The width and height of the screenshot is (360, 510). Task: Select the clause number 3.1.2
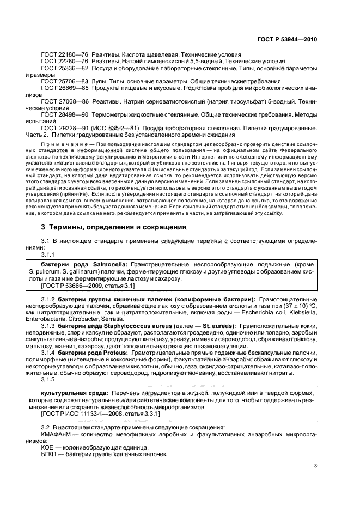tap(48, 300)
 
